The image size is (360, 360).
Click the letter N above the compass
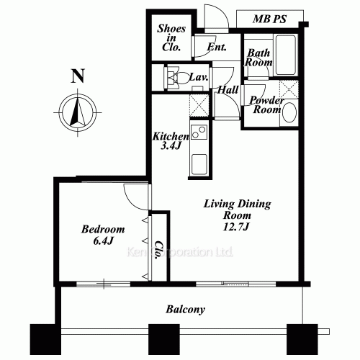(x=76, y=73)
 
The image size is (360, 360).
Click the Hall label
(x=228, y=90)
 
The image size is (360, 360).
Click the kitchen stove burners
(x=198, y=132)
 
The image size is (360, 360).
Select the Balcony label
(x=186, y=310)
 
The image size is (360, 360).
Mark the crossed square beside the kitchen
(x=199, y=106)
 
